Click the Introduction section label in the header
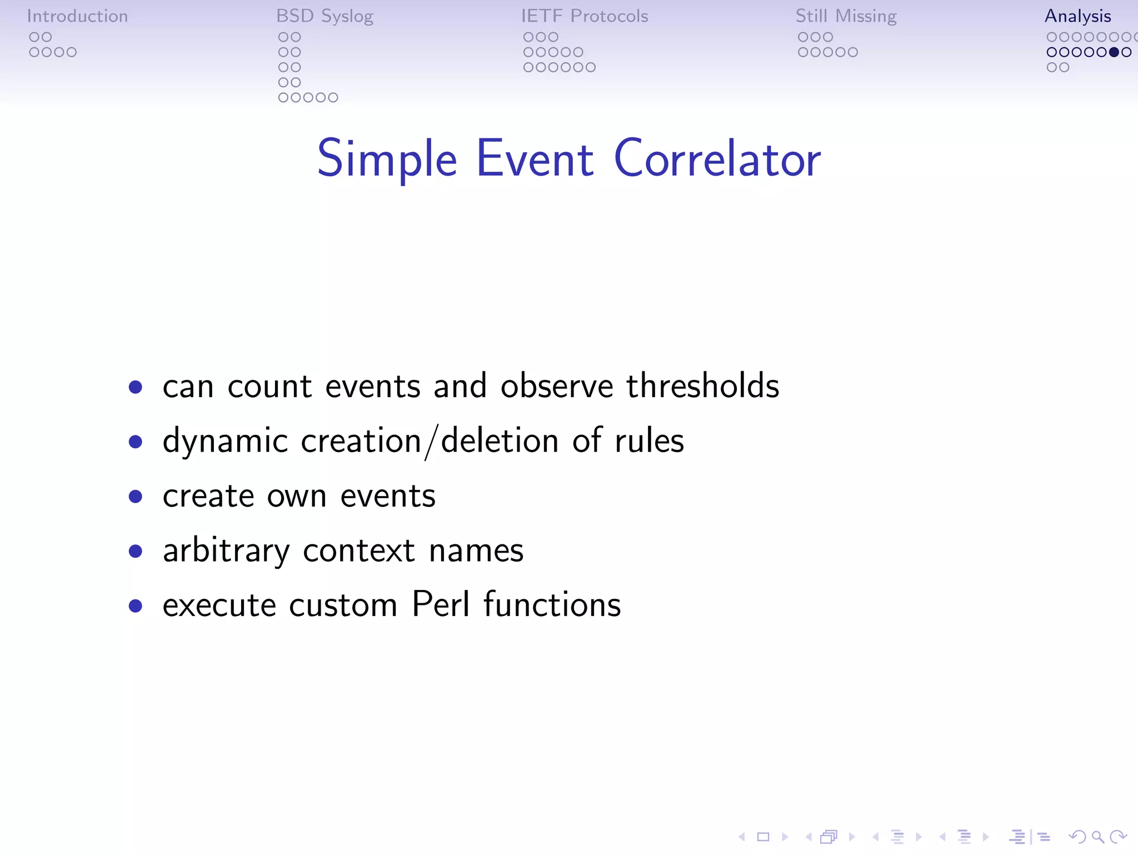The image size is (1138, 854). click(x=77, y=16)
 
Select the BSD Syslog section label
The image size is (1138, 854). click(x=325, y=16)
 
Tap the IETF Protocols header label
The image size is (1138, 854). click(x=585, y=16)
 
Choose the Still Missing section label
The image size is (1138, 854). click(x=846, y=16)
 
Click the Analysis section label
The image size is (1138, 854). click(x=1077, y=16)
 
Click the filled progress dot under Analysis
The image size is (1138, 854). click(x=1114, y=52)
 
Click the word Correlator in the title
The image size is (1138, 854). click(x=717, y=159)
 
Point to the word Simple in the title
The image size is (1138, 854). click(x=387, y=159)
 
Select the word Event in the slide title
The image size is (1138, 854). click(x=535, y=159)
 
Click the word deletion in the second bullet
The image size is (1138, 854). click(x=500, y=440)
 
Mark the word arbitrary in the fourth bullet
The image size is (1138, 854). click(x=226, y=550)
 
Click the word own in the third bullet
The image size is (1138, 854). click(x=297, y=496)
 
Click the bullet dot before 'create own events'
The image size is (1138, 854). click(x=135, y=496)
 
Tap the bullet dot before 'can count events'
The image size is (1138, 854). click(x=135, y=386)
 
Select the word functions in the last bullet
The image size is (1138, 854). click(x=552, y=604)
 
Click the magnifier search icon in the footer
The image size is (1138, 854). click(x=1097, y=837)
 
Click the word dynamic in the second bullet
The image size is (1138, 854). click(x=225, y=441)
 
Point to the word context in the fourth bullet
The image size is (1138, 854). click(x=359, y=550)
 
